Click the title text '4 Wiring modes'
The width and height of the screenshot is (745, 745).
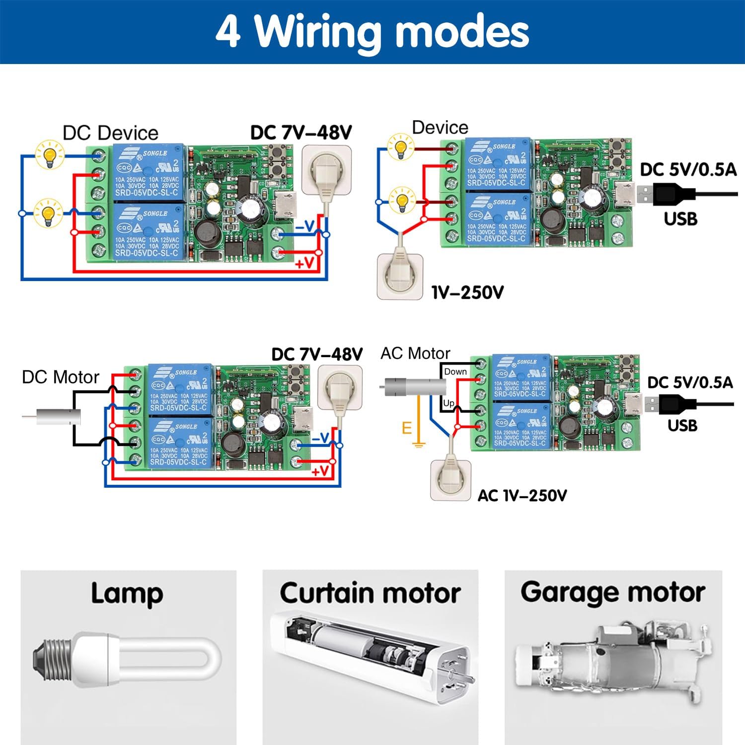pos(372,32)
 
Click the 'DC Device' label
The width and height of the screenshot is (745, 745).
pos(110,133)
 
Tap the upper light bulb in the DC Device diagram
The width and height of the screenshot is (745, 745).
pos(49,154)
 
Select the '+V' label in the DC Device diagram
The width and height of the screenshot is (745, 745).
pos(304,263)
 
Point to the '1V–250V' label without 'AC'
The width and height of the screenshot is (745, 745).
pos(467,292)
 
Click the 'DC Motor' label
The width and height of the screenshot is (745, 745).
pos(61,377)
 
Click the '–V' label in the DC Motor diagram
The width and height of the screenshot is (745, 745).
pos(320,438)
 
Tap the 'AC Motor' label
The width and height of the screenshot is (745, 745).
pos(415,354)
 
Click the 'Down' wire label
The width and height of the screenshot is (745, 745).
pos(455,372)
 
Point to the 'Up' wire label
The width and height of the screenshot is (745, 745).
pos(448,403)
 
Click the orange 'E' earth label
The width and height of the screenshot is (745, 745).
pos(407,428)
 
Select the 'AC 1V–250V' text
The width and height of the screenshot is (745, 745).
pos(522,495)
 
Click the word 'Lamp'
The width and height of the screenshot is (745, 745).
pos(127,594)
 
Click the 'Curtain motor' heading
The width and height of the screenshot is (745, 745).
pos(370,593)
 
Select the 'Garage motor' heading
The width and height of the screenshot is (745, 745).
pos(613,592)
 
